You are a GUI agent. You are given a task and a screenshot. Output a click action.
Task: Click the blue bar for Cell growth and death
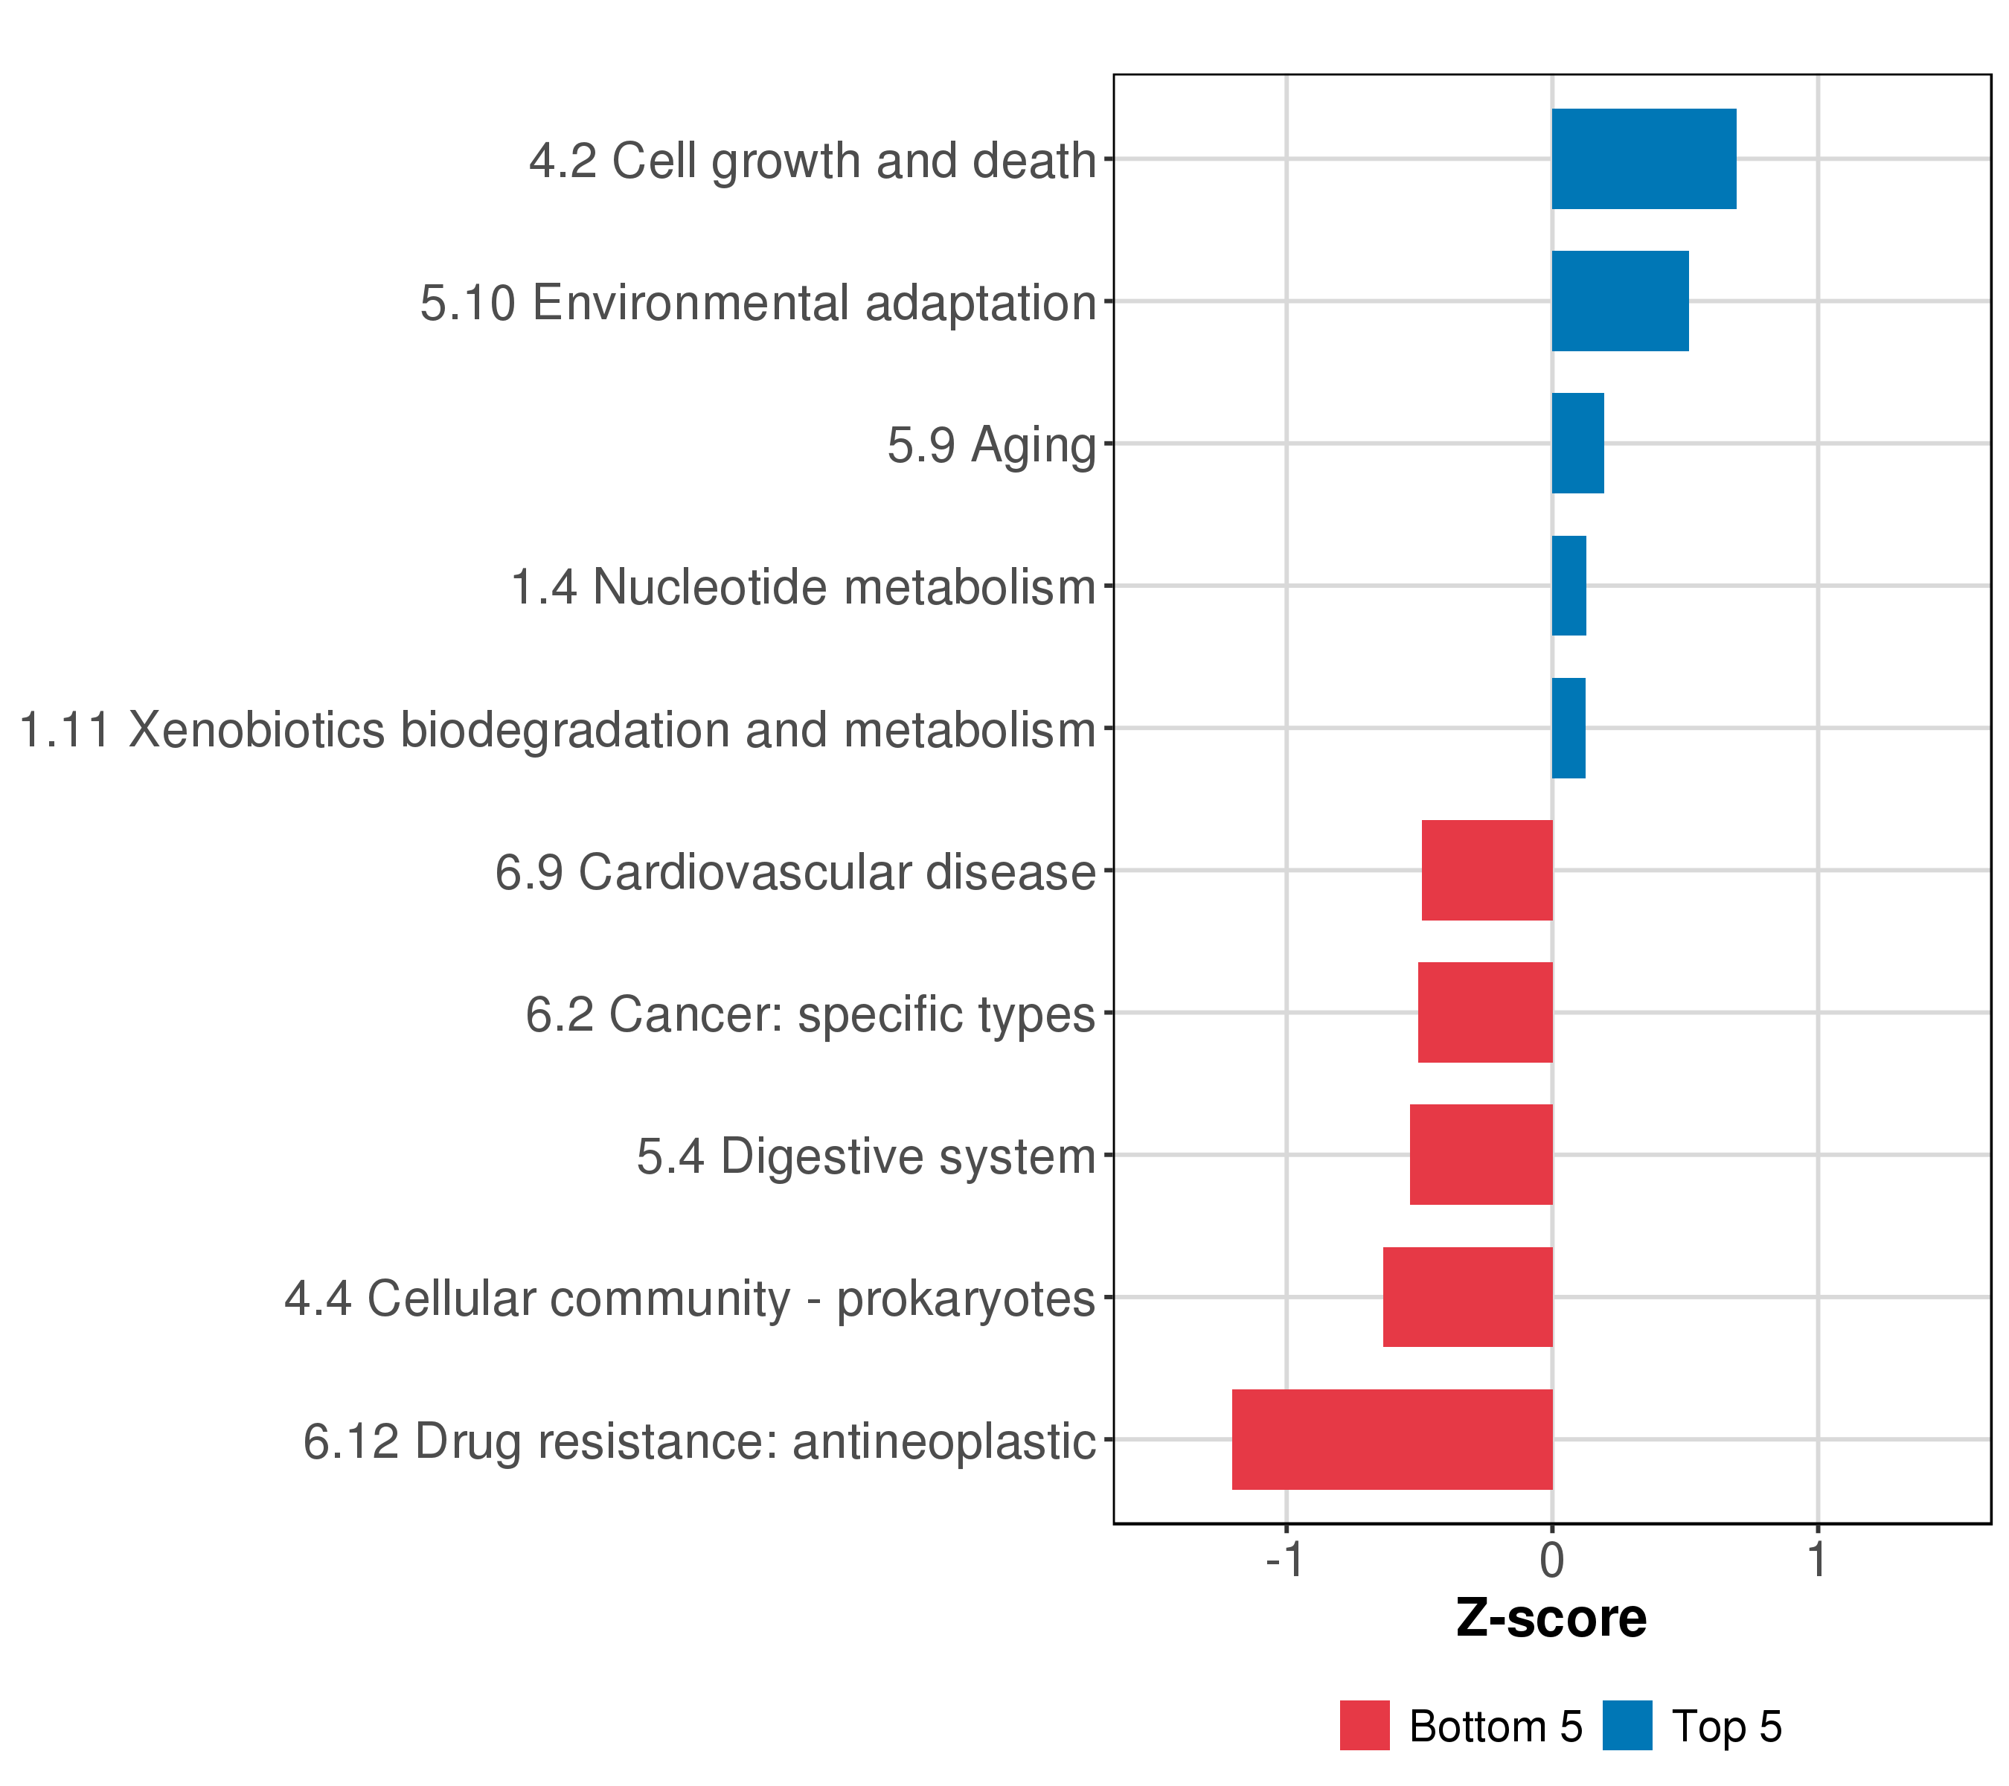[x=1644, y=159]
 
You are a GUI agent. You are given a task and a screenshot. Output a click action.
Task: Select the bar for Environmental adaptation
[x=1620, y=301]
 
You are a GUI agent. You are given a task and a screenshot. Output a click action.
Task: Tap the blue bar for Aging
[x=1577, y=444]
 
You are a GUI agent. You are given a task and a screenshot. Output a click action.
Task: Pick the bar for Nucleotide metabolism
[x=1569, y=586]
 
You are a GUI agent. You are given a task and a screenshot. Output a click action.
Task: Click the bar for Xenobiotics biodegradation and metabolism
[x=1568, y=729]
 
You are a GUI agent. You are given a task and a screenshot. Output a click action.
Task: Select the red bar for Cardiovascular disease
[x=1487, y=870]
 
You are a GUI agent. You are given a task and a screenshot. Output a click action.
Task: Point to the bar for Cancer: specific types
[x=1485, y=1012]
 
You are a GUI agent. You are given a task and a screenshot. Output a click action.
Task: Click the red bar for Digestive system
[x=1481, y=1155]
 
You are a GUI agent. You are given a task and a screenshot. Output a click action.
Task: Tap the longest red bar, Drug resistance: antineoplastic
[x=1391, y=1439]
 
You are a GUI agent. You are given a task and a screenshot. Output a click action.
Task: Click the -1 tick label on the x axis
[x=1284, y=1560]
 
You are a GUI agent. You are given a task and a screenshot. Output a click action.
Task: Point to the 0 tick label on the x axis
[x=1552, y=1560]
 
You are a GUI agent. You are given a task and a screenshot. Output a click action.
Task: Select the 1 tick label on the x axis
[x=1817, y=1560]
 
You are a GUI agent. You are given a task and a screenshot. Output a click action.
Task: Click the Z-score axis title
[x=1551, y=1618]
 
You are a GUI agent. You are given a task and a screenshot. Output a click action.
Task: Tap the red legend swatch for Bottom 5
[x=1364, y=1725]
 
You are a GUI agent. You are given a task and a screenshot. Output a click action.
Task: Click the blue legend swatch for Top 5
[x=1627, y=1725]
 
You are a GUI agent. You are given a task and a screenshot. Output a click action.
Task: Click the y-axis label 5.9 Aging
[x=991, y=445]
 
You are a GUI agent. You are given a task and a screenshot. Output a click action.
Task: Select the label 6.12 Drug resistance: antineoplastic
[x=699, y=1442]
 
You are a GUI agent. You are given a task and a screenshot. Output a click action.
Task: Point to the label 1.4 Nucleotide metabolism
[x=803, y=588]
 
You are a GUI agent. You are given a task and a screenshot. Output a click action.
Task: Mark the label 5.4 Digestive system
[x=865, y=1157]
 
